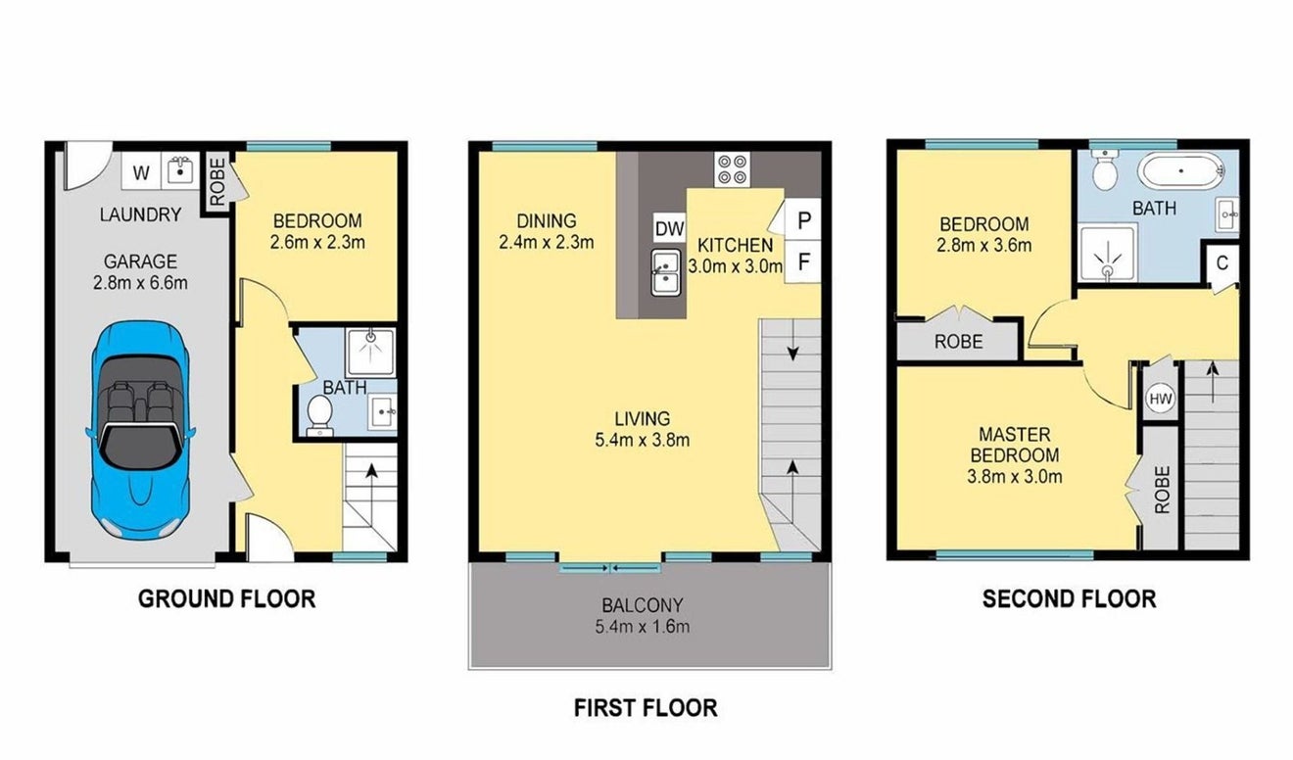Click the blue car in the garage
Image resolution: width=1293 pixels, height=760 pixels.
tap(140, 430)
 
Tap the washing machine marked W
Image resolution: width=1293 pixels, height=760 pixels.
tap(141, 172)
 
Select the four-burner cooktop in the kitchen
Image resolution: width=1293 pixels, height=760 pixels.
tap(732, 169)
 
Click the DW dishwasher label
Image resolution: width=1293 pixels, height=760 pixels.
tap(670, 228)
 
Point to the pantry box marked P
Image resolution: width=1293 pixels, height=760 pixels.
tap(803, 219)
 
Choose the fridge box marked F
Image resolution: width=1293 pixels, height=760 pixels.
tap(803, 262)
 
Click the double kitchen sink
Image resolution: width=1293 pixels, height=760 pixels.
tap(665, 272)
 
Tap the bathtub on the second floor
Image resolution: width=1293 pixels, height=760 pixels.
tap(1181, 170)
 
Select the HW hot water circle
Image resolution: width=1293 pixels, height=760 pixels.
tap(1160, 399)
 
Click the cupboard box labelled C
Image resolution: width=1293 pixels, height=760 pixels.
tap(1222, 263)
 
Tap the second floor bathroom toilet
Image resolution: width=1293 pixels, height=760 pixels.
tap(1105, 169)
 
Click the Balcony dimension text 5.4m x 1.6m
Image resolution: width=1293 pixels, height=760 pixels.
tap(643, 626)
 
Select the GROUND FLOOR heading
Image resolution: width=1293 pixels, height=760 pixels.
tap(227, 599)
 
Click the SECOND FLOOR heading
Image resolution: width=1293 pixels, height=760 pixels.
tap(1069, 599)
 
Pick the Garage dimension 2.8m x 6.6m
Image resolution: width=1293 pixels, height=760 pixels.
tap(140, 283)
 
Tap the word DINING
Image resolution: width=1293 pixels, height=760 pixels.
tap(546, 221)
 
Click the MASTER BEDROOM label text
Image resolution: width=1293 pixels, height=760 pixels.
tap(1015, 445)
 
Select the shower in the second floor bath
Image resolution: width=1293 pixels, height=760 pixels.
tap(1108, 254)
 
